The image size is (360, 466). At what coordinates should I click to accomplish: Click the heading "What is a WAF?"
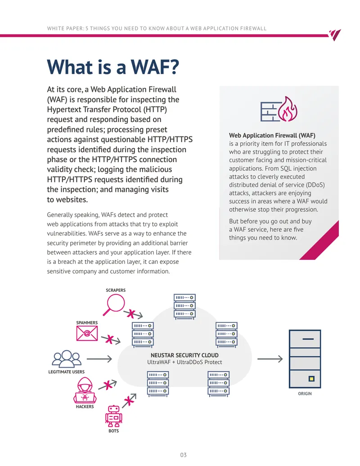click(x=113, y=67)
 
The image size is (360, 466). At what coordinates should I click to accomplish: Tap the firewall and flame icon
click(x=279, y=109)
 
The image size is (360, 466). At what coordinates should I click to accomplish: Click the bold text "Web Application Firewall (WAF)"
click(x=272, y=135)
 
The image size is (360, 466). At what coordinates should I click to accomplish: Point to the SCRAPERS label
click(x=116, y=290)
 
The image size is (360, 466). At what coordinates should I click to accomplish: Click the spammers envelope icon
click(x=87, y=333)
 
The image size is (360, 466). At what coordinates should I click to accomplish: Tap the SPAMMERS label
click(x=87, y=322)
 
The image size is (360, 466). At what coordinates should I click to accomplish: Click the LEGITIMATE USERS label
click(x=66, y=372)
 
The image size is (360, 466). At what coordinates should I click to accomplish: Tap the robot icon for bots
click(x=113, y=416)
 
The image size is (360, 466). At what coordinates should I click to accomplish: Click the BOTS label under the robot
click(x=113, y=430)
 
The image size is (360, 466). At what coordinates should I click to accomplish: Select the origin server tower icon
click(x=305, y=359)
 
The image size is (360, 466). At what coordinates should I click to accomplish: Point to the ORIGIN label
click(x=305, y=394)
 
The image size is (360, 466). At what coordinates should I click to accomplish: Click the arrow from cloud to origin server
click(x=270, y=359)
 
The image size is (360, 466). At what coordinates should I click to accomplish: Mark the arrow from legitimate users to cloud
click(x=99, y=359)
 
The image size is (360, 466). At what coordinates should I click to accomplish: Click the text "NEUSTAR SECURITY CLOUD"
click(x=184, y=355)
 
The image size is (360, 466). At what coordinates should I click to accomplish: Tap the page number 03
click(x=183, y=455)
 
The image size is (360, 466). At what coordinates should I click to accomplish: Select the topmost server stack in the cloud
click(x=184, y=306)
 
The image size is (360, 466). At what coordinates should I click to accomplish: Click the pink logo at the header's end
click(x=335, y=35)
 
